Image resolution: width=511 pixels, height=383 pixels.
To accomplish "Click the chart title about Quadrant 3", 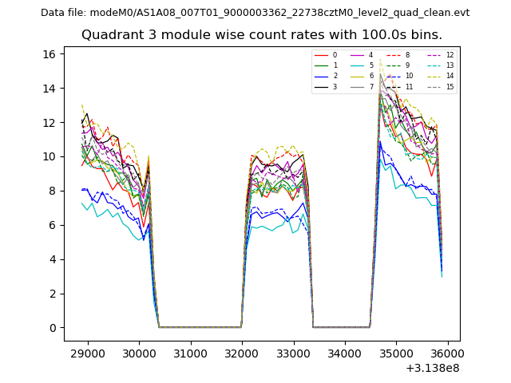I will [x=261, y=35].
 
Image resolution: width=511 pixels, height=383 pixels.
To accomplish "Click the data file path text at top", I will [x=255, y=13].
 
